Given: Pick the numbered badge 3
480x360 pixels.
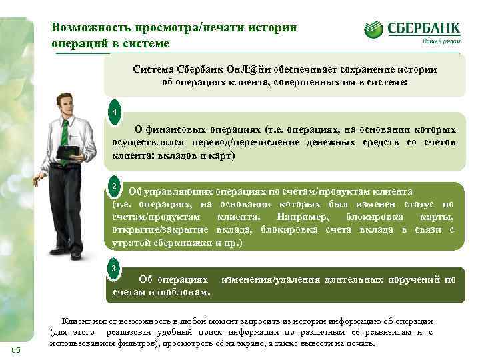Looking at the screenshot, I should pyautogui.click(x=115, y=269).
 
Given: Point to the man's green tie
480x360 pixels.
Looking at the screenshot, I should pyautogui.click(x=65, y=133).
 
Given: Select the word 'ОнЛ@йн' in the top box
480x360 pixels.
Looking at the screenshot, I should pyautogui.click(x=258, y=70).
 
